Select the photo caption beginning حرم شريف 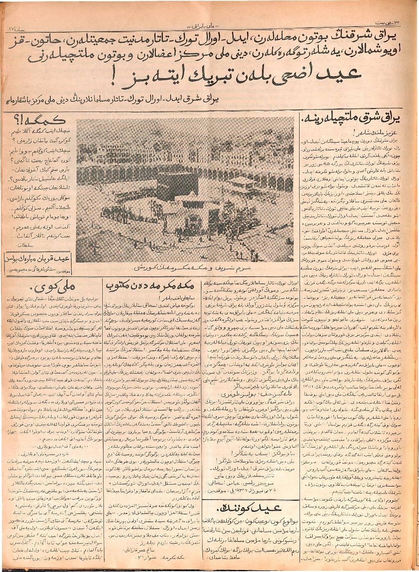(213, 269)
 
